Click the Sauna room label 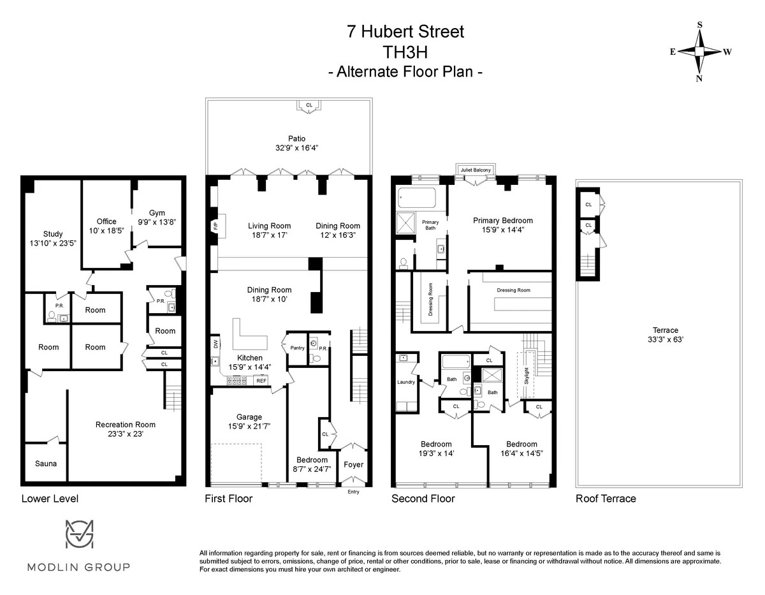46,463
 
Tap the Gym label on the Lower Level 157,213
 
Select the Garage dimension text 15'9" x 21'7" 249,426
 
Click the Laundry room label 406,382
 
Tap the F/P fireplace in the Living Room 214,226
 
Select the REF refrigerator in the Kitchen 260,380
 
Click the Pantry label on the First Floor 297,348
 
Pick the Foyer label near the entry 353,464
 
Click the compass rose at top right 699,52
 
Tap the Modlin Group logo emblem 80,534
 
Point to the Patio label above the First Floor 296,138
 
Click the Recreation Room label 126,424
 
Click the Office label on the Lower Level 106,221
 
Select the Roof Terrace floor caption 606,499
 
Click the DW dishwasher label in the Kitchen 215,344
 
